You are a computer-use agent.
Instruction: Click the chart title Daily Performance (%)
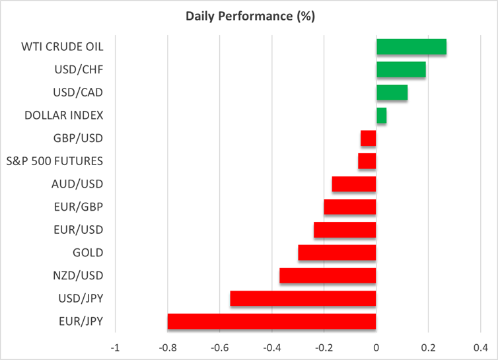point(250,17)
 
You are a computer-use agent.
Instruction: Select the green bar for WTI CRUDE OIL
point(411,47)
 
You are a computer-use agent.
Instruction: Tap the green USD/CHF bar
point(401,70)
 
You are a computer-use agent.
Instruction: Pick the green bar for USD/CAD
point(392,92)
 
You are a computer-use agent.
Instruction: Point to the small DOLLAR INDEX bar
point(381,116)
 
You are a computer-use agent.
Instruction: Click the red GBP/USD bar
point(369,138)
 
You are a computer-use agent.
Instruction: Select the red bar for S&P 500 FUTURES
point(367,161)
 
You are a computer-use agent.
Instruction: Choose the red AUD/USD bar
point(354,184)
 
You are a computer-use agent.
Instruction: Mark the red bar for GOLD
point(337,253)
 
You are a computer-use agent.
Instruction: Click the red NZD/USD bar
point(328,275)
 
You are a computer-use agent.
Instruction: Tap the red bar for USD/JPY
point(303,299)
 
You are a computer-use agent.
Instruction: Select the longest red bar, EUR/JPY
point(271,322)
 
